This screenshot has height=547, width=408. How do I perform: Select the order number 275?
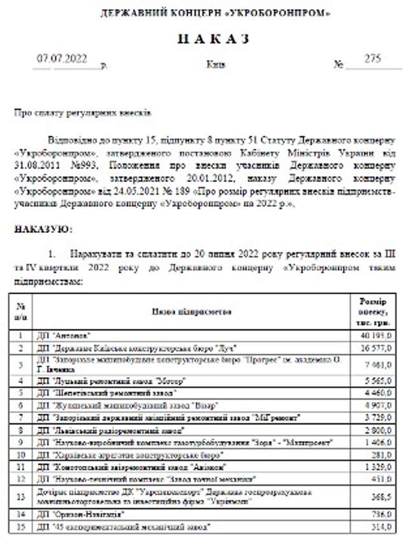coord(372,59)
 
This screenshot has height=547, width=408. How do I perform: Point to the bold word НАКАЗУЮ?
coord(43,228)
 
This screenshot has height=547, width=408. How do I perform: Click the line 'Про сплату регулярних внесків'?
coord(83,112)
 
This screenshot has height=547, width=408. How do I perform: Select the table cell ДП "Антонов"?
coord(64,334)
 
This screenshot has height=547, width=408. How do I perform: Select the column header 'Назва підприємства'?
coord(191,311)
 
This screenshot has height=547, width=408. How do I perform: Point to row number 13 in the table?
coord(21,497)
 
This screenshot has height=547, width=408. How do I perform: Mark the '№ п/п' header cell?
coord(21,311)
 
